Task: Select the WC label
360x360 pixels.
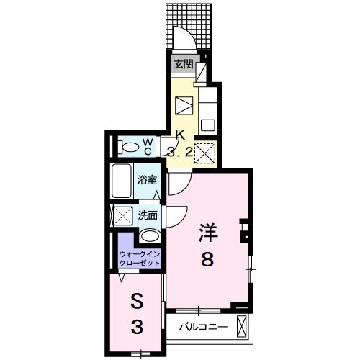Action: (147, 146)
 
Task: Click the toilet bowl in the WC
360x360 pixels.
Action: (130, 148)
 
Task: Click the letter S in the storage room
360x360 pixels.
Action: (136, 300)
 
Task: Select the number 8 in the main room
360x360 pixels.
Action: (207, 261)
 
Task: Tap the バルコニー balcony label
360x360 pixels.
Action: (203, 327)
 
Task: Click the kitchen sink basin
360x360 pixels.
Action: (207, 124)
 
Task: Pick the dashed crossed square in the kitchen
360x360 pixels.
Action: (207, 153)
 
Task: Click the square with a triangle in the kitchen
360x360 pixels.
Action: (184, 104)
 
